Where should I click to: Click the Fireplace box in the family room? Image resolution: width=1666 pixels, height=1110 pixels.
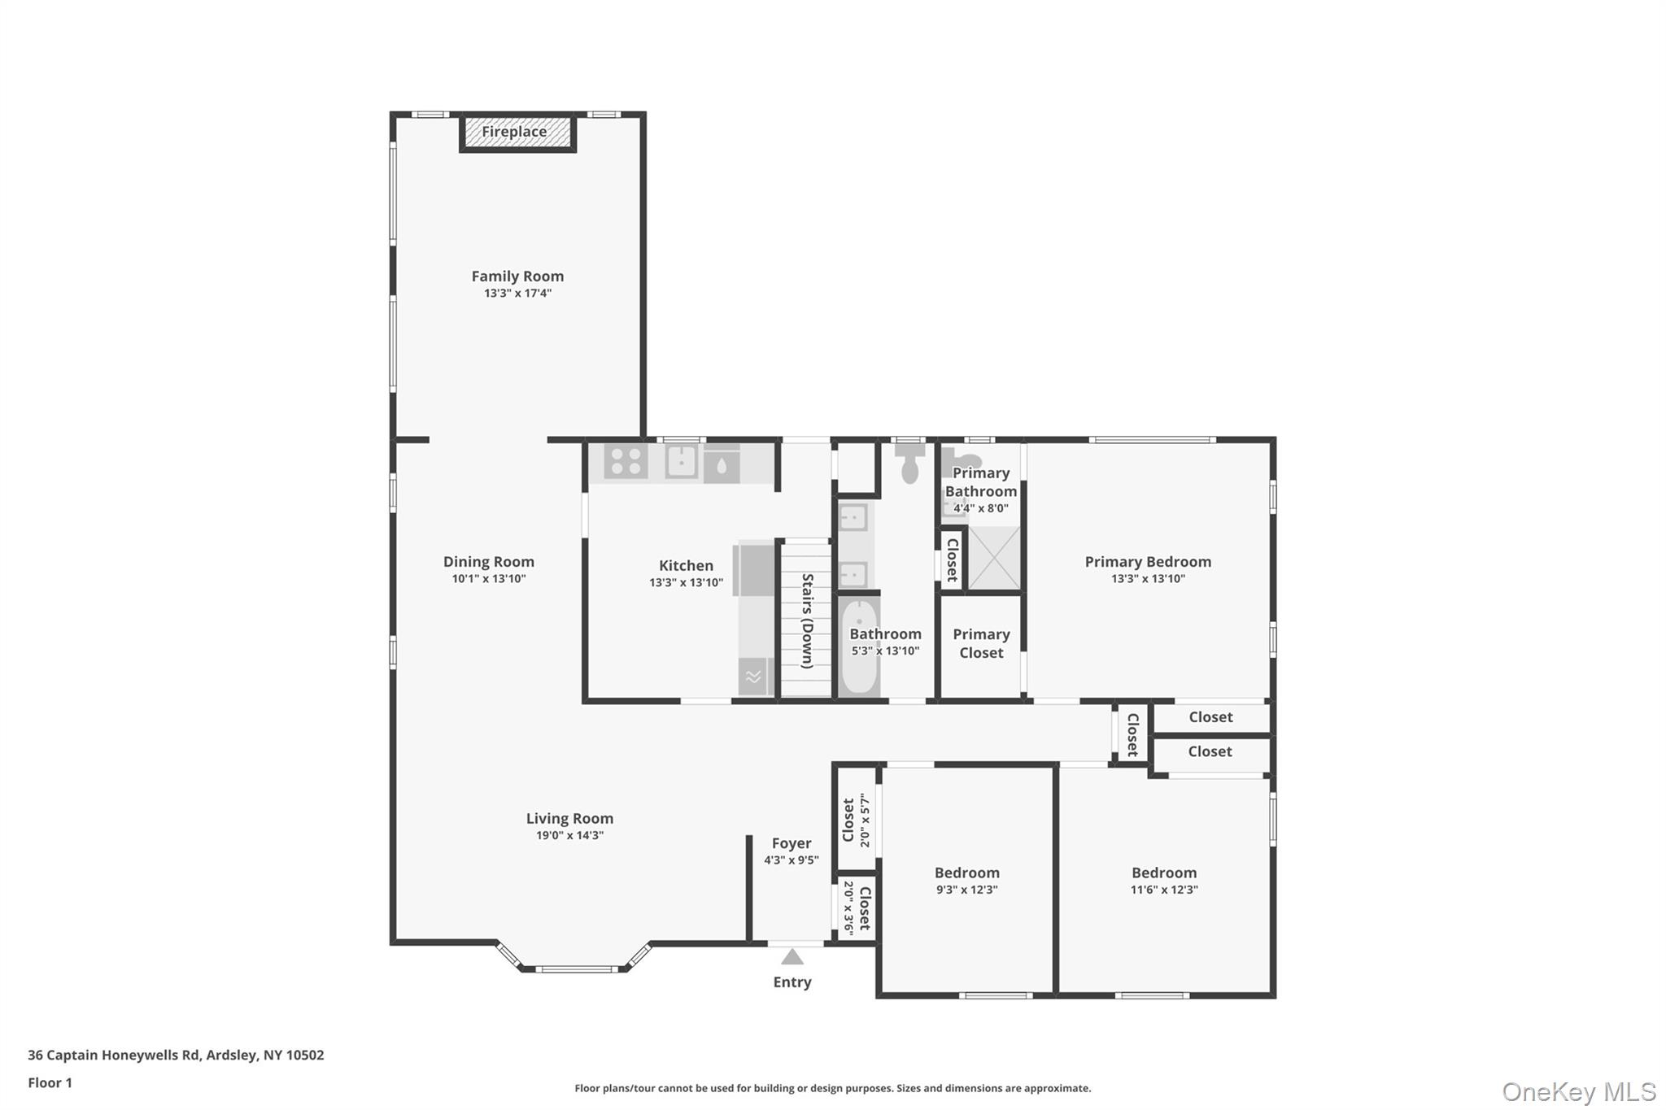pyautogui.click(x=517, y=133)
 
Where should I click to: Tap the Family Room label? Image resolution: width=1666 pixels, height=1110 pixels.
pyautogui.click(x=517, y=276)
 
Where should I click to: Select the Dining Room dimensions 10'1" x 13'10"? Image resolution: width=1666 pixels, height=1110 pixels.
pyautogui.click(x=489, y=579)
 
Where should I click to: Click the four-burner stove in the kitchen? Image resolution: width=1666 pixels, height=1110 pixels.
pyautogui.click(x=626, y=462)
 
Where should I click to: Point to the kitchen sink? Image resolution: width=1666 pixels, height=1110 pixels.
pyautogui.click(x=682, y=462)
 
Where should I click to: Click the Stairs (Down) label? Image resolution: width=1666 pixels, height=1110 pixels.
pyautogui.click(x=807, y=621)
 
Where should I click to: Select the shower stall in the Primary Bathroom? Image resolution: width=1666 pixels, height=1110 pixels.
pyautogui.click(x=994, y=558)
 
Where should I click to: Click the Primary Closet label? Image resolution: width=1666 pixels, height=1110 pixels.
pyautogui.click(x=981, y=643)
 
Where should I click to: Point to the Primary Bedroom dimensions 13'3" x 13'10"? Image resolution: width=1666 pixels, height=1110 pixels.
pyautogui.click(x=1148, y=579)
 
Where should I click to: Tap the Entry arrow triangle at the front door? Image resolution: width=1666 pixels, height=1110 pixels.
pyautogui.click(x=792, y=956)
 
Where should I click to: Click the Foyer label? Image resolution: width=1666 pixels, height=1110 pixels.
pyautogui.click(x=792, y=843)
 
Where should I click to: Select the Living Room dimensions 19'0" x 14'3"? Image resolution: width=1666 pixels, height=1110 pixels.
pyautogui.click(x=569, y=835)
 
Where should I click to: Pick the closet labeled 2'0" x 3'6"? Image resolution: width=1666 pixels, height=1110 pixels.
pyautogui.click(x=857, y=908)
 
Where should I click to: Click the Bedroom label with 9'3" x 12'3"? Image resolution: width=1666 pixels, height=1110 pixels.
pyautogui.click(x=967, y=873)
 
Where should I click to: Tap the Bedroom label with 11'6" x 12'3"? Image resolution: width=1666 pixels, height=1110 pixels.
pyautogui.click(x=1164, y=873)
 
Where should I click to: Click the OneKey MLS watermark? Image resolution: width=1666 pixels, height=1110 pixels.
pyautogui.click(x=1579, y=1091)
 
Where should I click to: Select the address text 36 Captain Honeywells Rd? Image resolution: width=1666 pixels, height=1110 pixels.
pyautogui.click(x=114, y=1056)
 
